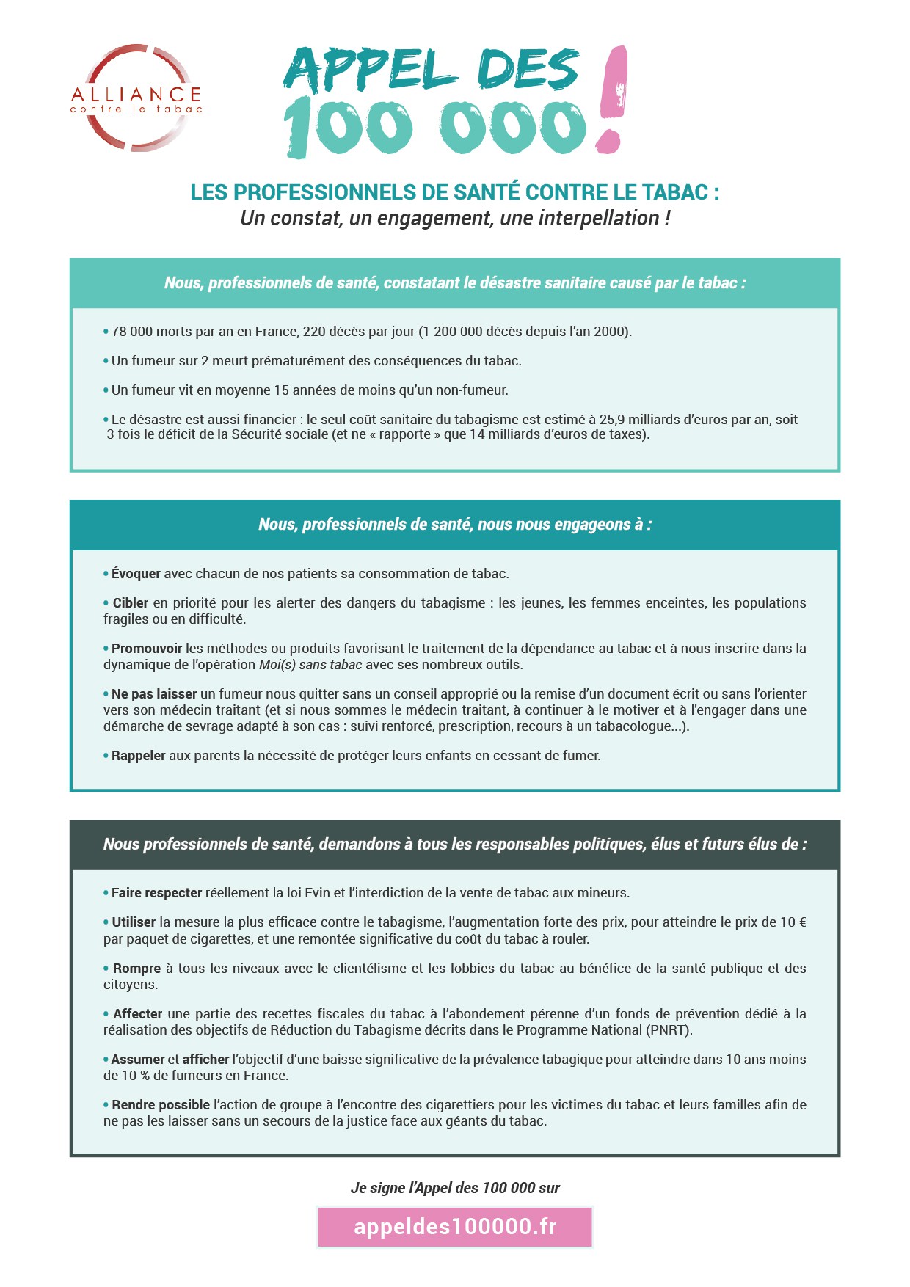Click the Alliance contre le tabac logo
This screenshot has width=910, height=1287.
136,98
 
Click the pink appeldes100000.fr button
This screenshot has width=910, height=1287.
455,1227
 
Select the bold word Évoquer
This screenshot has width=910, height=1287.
136,574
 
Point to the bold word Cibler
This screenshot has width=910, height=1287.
131,603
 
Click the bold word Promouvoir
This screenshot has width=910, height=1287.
147,649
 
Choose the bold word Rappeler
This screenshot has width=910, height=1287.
139,756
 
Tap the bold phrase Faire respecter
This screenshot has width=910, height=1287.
156,893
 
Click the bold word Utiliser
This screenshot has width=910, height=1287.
134,922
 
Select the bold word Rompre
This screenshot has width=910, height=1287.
136,969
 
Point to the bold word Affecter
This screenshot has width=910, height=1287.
137,1014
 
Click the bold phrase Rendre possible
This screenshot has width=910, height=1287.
161,1105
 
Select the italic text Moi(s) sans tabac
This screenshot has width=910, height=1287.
310,665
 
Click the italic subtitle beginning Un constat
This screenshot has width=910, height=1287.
455,219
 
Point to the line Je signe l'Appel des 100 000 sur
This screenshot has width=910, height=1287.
455,1188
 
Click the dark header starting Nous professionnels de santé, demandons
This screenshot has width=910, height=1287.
455,845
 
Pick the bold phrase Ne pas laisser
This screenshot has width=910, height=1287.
154,694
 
